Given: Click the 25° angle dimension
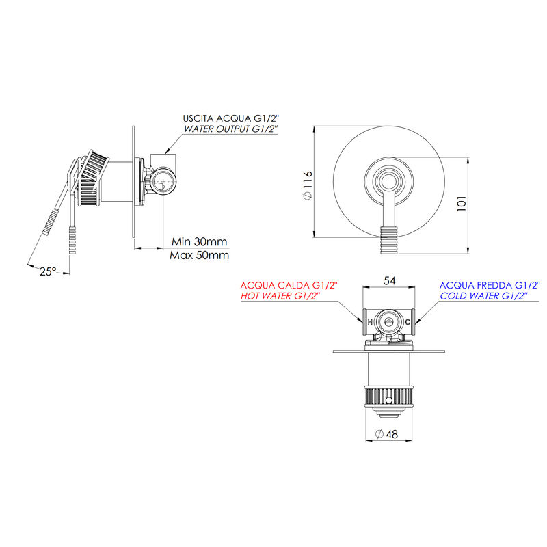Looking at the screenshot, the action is click(x=47, y=271).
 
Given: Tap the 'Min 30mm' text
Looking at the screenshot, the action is click(x=199, y=241).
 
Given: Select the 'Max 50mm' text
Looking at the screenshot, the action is click(x=199, y=255).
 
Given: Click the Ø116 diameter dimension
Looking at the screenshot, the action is click(x=308, y=185).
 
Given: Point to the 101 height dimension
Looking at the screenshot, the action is click(x=461, y=203).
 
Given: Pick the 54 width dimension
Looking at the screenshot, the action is click(x=389, y=280).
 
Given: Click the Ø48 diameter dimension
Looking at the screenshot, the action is click(x=386, y=434).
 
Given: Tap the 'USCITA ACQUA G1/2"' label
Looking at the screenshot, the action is click(x=231, y=118).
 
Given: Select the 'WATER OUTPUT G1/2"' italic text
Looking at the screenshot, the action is click(x=230, y=129).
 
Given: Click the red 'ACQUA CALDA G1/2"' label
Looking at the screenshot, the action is click(x=289, y=285).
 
